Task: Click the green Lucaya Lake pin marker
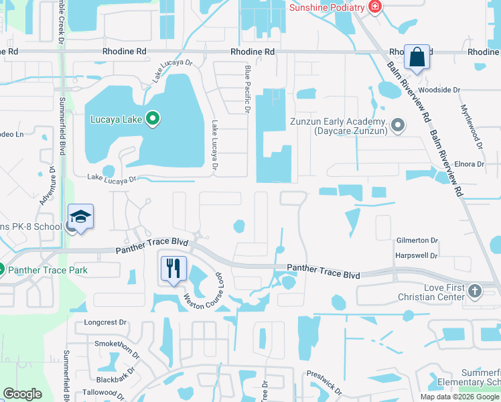click(153, 120)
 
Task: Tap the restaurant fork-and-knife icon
click(173, 268)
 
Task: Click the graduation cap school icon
click(80, 217)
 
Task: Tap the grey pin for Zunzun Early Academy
click(399, 125)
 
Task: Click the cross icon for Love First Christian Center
click(474, 291)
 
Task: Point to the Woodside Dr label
click(439, 89)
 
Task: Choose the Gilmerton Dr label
click(416, 241)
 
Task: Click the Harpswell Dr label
click(416, 256)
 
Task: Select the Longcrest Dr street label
click(105, 322)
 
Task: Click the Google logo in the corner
click(22, 394)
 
